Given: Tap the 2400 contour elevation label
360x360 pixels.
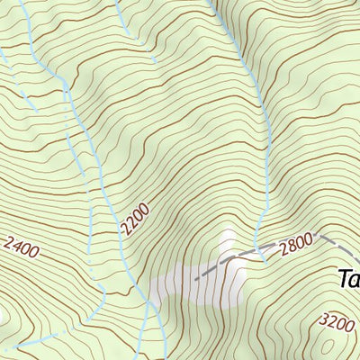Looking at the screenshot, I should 22,247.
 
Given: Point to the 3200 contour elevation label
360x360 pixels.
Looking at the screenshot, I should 337,322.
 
